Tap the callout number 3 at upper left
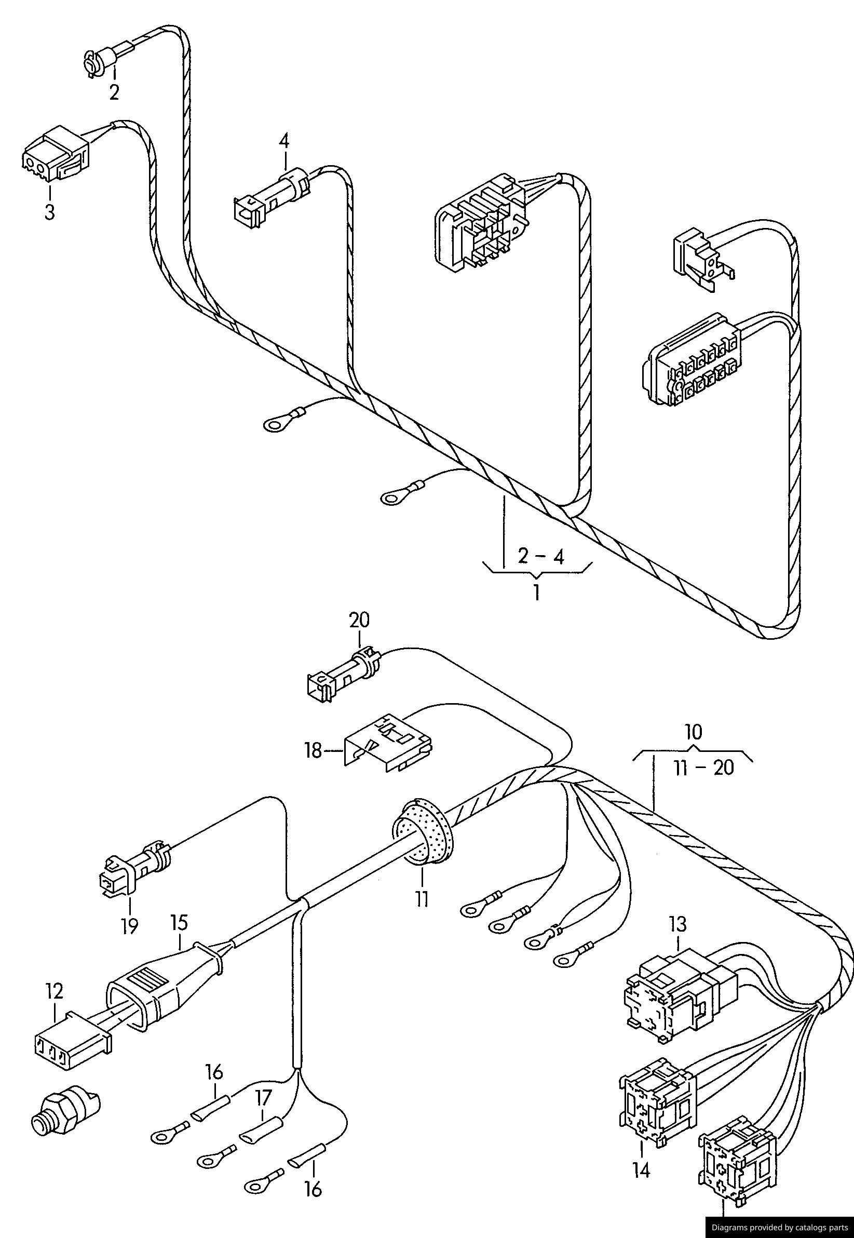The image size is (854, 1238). point(49,212)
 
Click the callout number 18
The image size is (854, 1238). point(314,751)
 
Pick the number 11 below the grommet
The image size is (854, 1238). point(422,898)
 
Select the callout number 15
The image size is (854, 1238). point(179,922)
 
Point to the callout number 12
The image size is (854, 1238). point(55,991)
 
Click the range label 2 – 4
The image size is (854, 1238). point(540,557)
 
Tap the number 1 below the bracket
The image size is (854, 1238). point(536,593)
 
